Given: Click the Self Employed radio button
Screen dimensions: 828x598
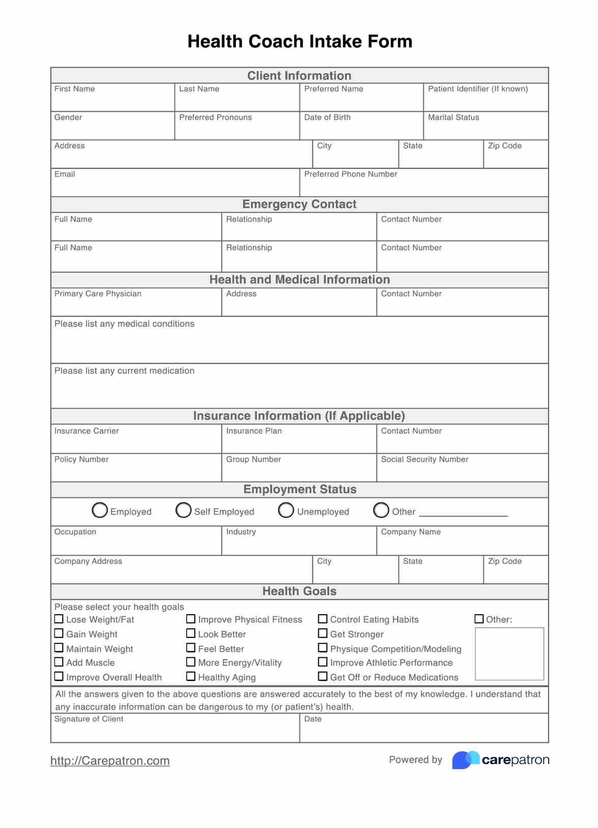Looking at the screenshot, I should point(184,510).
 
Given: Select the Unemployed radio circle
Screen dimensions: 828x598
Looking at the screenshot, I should point(286,510).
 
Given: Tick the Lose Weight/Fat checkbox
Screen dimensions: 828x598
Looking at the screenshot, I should point(59,619).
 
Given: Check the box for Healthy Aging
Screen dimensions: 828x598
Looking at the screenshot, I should point(191,676).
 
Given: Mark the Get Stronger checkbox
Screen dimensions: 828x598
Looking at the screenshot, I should point(322,633).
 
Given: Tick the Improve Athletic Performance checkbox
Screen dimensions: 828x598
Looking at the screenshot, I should point(322,662).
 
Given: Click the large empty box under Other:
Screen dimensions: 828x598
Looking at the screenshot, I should point(509,654).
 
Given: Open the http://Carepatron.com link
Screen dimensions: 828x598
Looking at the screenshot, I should point(110,760).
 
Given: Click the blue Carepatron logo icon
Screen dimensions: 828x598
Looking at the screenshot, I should point(465,759).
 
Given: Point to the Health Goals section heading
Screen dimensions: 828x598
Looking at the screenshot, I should point(300,591).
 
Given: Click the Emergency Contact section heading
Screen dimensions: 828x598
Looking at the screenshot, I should point(300,204).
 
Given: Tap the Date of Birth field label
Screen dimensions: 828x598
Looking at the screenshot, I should point(327,117).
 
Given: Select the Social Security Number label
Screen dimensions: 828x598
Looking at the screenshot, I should point(425,459).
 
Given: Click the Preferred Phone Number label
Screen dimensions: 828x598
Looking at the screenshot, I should point(350,174).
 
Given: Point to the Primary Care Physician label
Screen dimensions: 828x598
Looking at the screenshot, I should point(98,294).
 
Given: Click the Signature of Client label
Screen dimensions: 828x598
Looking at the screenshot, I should point(88,719).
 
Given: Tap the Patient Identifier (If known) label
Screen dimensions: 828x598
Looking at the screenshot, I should point(478,89).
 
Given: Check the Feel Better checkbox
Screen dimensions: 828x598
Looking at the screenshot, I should point(191,648).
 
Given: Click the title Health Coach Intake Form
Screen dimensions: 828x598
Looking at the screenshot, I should point(300,41).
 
